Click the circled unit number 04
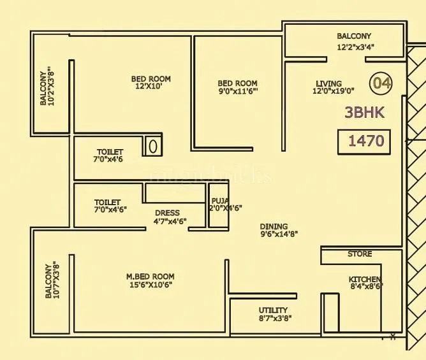pos(382,83)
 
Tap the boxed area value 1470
pos(366,141)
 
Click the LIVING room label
pos(328,83)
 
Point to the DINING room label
pos(274,226)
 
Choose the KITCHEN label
pos(365,280)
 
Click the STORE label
pos(360,254)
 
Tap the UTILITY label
pos(273,310)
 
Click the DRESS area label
pos(167,213)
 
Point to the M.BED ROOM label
pos(150,277)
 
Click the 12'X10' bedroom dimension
pos(151,87)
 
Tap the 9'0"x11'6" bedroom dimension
pos(238,92)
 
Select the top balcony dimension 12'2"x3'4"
pos(354,47)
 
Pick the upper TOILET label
pos(108,152)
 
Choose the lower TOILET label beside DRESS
pos(107,202)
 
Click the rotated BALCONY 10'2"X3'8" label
pos(47,87)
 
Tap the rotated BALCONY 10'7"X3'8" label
pos(52,280)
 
